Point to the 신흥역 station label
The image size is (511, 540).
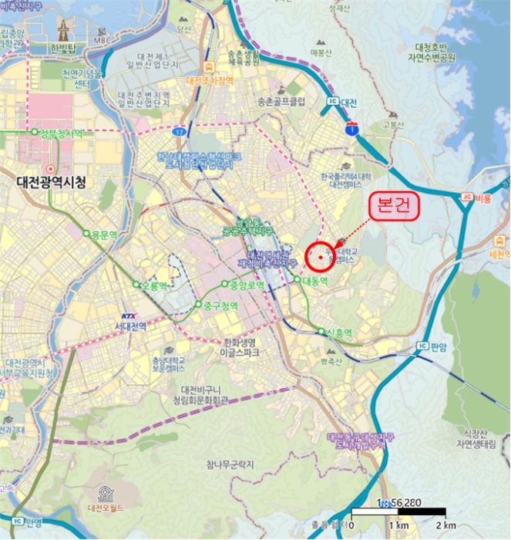(338, 332)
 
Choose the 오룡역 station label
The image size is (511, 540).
(154, 285)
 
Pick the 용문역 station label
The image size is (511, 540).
(102, 234)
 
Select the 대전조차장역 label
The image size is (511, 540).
(209, 79)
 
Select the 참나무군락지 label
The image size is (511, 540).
(230, 464)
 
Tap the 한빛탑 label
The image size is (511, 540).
(64, 46)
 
